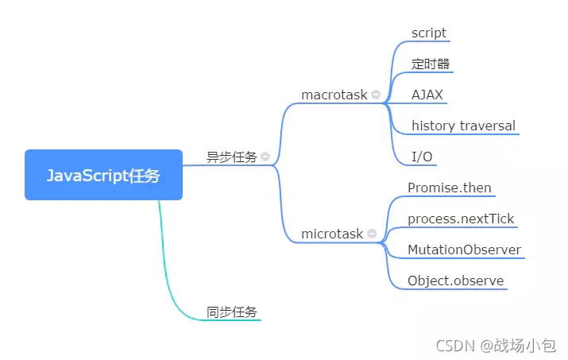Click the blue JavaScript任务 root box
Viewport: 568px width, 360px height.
[x=103, y=175]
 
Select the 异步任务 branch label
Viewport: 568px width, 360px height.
[x=232, y=157]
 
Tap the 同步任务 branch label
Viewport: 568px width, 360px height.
[x=232, y=312]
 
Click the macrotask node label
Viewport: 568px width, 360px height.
[x=334, y=95]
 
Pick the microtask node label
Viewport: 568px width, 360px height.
[x=332, y=234]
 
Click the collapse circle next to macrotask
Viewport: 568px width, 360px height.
[x=376, y=95]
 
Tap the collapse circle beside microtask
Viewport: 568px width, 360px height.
[x=372, y=234]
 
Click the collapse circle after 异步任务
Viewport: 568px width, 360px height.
[x=265, y=157]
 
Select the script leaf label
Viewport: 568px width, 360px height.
[x=429, y=33]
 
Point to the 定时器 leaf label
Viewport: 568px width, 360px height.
[x=431, y=64]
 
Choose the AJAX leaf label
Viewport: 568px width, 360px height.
[x=427, y=95]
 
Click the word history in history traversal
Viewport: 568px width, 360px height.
[x=433, y=126]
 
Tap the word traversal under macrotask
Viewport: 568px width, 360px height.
[x=488, y=126]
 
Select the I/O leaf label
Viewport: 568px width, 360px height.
[x=422, y=157]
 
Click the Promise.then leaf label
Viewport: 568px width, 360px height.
[x=450, y=188]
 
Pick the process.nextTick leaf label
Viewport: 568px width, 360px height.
[x=461, y=219]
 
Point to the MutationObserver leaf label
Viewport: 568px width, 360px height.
[x=465, y=250]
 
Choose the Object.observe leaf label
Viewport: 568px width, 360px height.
[x=456, y=281]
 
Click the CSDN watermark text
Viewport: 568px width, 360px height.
[x=455, y=346]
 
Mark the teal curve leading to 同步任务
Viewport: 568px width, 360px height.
[x=167, y=276]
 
